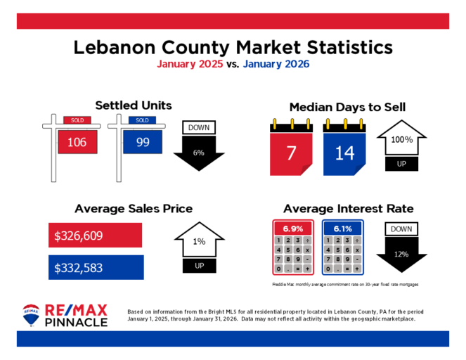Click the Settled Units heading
[x=134, y=105]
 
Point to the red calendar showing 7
[x=290, y=150]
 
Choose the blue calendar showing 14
[x=344, y=150]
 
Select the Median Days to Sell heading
[x=347, y=107]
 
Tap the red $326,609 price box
[x=96, y=236]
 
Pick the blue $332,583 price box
[x=96, y=267]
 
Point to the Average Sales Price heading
[x=134, y=209]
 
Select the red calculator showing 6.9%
[x=292, y=247]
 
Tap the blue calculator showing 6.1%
[x=342, y=247]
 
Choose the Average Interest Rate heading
[x=348, y=209]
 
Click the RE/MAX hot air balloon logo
[x=32, y=315]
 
